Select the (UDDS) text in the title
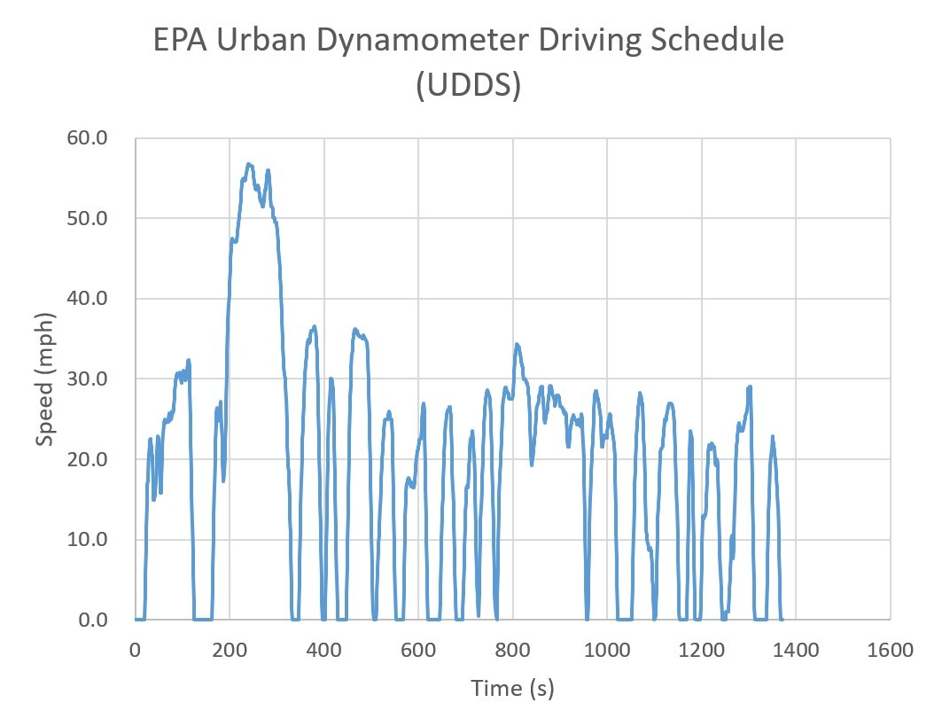pos(467,87)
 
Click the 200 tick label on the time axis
pos(230,650)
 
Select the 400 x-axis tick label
pos(324,650)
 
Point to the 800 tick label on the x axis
pos(513,650)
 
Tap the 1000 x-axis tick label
pos(607,650)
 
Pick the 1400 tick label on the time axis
pos(796,650)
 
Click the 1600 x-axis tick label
pos(890,650)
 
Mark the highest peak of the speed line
pos(249,164)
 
